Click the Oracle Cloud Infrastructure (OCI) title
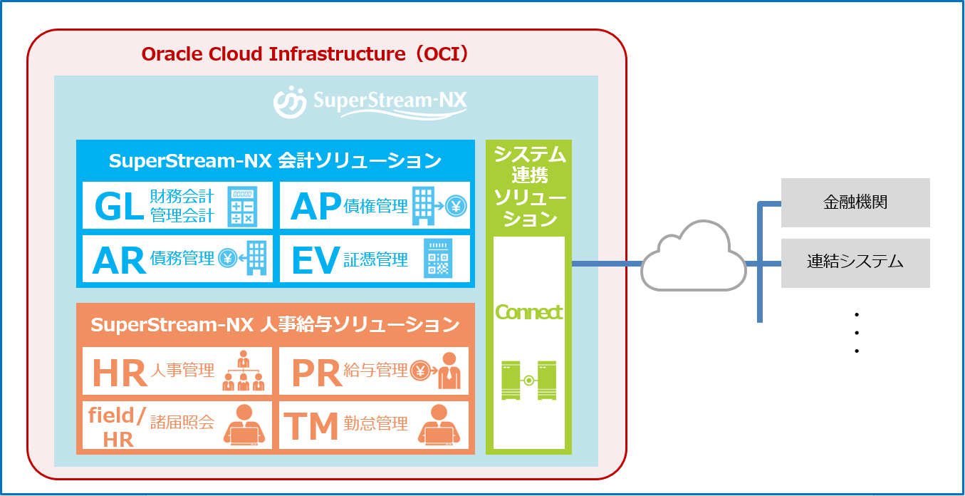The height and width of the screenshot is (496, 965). pyautogui.click(x=305, y=54)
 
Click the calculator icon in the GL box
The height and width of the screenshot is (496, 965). pyautogui.click(x=242, y=207)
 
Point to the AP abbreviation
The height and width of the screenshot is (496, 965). pyautogui.click(x=315, y=207)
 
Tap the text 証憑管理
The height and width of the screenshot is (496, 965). pyautogui.click(x=375, y=260)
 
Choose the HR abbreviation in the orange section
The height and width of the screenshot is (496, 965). pyautogui.click(x=120, y=372)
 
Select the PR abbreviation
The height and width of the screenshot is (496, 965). pyautogui.click(x=316, y=372)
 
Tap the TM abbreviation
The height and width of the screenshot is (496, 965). pyautogui.click(x=311, y=426)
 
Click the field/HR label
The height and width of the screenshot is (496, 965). pyautogui.click(x=118, y=426)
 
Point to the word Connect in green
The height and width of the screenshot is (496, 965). pyautogui.click(x=528, y=312)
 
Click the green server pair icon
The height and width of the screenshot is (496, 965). pyautogui.click(x=528, y=381)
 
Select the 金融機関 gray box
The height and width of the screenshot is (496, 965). pyautogui.click(x=855, y=202)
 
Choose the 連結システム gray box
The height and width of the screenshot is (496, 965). pyautogui.click(x=855, y=262)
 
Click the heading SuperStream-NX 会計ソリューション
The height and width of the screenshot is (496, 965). pyautogui.click(x=275, y=161)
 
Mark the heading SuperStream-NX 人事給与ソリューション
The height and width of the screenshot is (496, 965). pyautogui.click(x=275, y=325)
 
